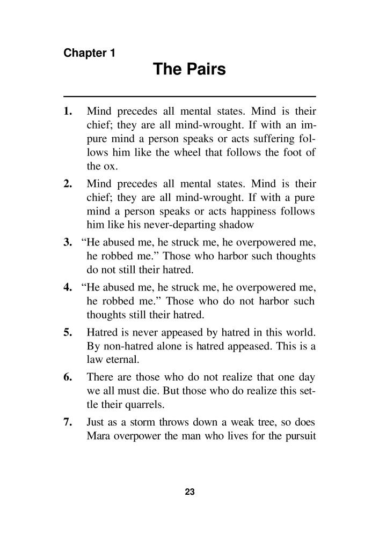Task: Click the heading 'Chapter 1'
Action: point(89,53)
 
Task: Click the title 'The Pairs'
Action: point(189,70)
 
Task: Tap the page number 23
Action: point(189,492)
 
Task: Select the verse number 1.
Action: point(67,112)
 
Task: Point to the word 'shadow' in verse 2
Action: point(230,224)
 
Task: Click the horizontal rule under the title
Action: point(189,95)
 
